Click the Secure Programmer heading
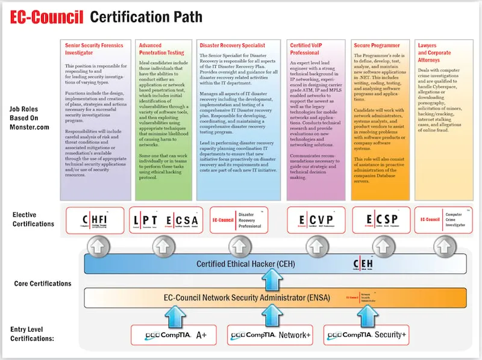click(374, 45)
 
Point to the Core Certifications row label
click(43, 283)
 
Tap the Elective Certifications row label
click(33, 219)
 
